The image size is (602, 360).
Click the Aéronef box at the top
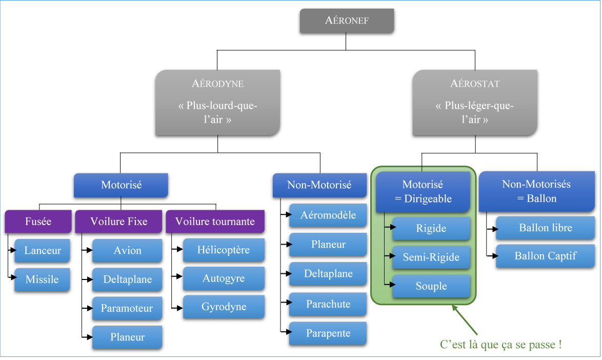(347, 21)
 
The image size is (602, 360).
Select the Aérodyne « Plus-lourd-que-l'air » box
(218, 103)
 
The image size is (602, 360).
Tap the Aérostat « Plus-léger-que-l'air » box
(475, 103)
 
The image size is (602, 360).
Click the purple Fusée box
(38, 222)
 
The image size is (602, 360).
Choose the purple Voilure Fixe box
(118, 222)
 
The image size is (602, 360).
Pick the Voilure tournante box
(215, 222)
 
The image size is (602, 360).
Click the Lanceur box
(42, 251)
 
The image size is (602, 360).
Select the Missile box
(42, 279)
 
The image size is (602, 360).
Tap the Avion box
(127, 251)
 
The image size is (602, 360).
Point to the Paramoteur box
(127, 308)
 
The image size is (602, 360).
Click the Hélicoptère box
(224, 250)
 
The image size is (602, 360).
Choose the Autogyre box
(224, 278)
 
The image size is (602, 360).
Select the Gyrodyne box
(224, 307)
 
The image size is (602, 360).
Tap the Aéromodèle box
(328, 215)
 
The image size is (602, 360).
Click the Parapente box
(328, 333)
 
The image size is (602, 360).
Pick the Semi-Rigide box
(431, 257)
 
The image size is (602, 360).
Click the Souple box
(431, 286)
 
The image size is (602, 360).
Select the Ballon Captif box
(545, 256)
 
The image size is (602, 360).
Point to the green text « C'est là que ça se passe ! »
(501, 345)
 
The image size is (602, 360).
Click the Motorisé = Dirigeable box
(423, 192)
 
